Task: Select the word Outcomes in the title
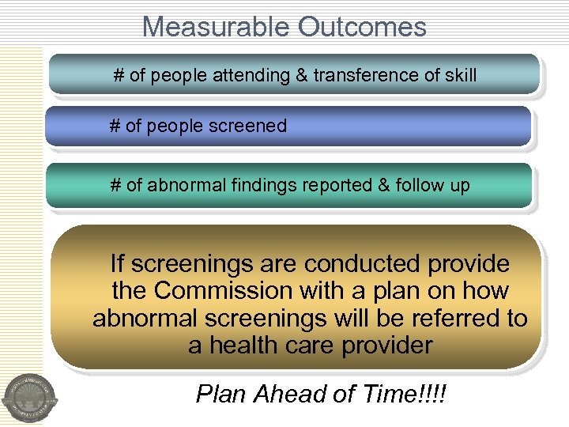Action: point(362,27)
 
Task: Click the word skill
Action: point(460,76)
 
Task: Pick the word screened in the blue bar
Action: point(250,126)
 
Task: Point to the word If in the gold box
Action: point(117,263)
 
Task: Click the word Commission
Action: point(224,291)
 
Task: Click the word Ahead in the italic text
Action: point(289,393)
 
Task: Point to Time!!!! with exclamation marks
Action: point(399,393)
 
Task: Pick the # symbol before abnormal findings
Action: point(115,186)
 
